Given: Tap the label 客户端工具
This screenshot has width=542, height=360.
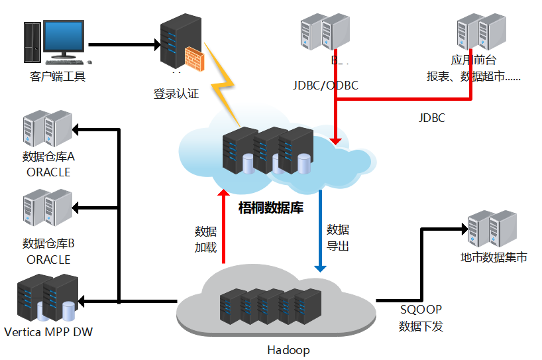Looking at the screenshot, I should pos(58,76).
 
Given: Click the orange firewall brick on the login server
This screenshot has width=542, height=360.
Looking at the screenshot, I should pos(193,59).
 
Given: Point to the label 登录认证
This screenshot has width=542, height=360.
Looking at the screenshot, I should pos(176,93).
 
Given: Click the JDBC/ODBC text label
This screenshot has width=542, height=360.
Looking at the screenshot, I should pos(325,86).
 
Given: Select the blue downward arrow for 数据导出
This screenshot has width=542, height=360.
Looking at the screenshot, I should pos(320,232).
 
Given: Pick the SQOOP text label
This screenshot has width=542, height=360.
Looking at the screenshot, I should pos(421,309).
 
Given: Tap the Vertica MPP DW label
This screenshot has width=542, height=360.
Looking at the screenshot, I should pos(48,331).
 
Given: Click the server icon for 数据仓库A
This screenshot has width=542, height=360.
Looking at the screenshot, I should pos(47,129).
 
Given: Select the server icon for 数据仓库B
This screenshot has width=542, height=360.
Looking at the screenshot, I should pos(47,208).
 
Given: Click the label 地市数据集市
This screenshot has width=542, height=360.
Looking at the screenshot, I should pos(493,257).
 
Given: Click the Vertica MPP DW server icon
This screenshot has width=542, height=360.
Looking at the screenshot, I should pos(48,298).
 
